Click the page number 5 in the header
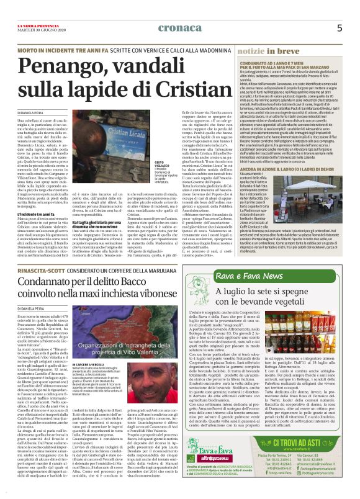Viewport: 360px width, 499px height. click(x=339, y=27)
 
